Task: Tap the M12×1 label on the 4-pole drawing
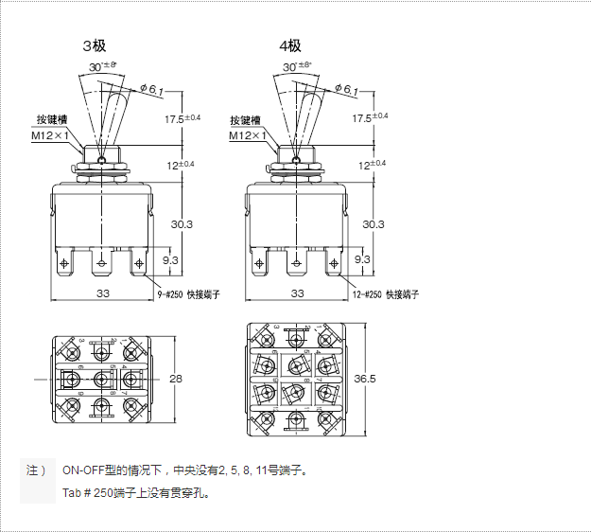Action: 246,135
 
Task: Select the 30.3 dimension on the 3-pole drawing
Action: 182,224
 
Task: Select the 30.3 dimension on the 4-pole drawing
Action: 374,224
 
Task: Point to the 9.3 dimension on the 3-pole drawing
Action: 171,258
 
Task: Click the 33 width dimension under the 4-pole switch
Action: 298,293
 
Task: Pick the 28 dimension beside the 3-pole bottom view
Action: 175,379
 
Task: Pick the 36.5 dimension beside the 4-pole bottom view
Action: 365,379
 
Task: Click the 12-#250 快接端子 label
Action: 385,294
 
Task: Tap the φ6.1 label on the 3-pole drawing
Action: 151,90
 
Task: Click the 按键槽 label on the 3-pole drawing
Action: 52,120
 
